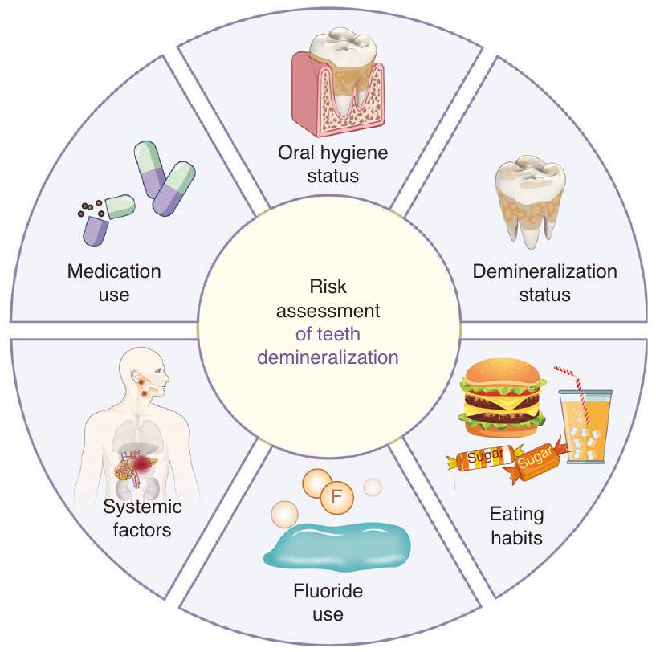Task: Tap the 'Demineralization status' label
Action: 545,283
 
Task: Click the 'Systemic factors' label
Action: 143,519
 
